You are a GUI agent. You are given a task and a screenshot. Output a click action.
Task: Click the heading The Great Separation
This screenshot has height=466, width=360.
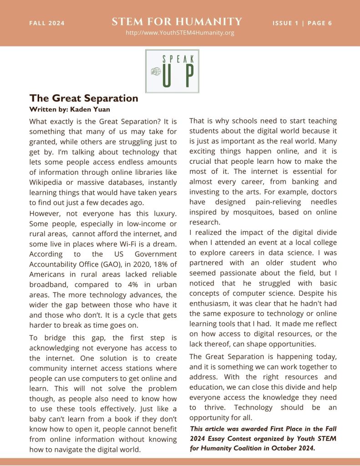click(x=84, y=98)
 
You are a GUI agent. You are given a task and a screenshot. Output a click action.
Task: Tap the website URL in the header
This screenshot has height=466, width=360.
click(x=180, y=33)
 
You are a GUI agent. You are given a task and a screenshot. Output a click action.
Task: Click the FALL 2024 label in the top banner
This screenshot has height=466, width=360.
click(x=47, y=23)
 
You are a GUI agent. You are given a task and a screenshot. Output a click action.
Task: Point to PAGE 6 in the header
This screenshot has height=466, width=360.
click(x=320, y=23)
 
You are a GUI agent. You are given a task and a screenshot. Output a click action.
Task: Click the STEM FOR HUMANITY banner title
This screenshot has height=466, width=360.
click(x=177, y=21)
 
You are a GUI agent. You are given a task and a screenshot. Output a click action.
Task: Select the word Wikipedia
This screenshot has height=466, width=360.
click(x=47, y=182)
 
